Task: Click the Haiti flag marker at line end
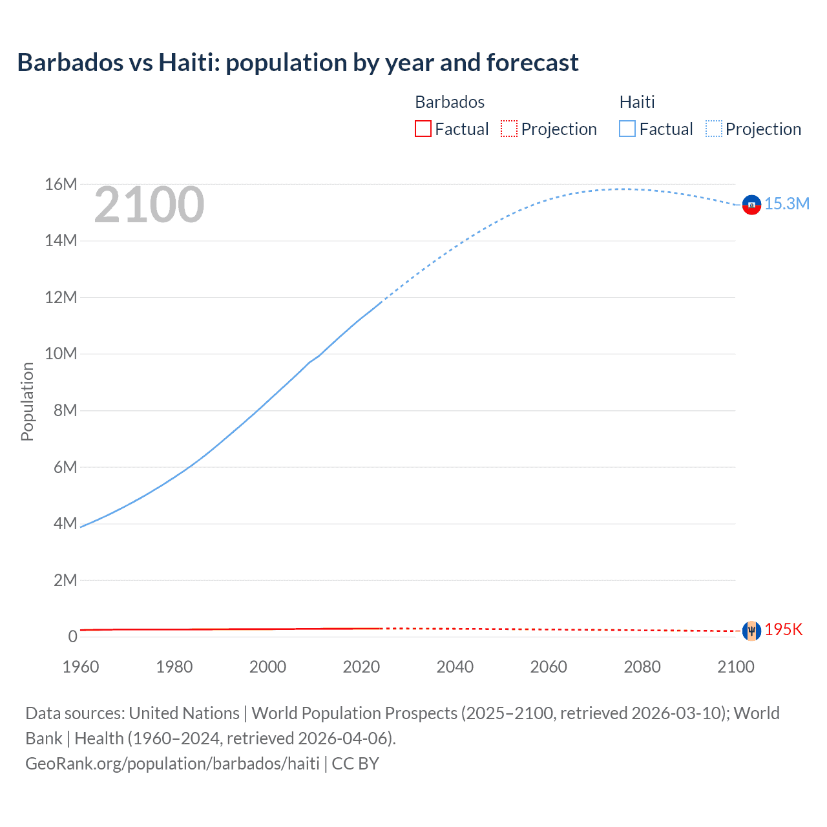pos(751,205)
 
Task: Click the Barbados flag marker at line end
pos(751,631)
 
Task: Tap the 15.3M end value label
pos(787,204)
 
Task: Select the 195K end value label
pos(783,630)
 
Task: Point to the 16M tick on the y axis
pos(61,185)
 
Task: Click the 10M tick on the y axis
pos(61,354)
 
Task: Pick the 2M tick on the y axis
pos(65,580)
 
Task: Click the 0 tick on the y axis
pos(72,636)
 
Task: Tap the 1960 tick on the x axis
pos(81,667)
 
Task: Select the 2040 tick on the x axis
pos(455,667)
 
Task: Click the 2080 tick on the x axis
pos(642,667)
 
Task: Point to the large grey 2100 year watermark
pos(149,205)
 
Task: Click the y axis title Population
pos(27,402)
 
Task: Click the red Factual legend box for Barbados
pos(423,129)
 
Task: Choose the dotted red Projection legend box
pos(509,129)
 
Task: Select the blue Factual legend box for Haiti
pos(627,129)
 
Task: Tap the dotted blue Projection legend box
pos(714,129)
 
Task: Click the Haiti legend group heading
pos(637,102)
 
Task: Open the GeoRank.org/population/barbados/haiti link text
pos(173,764)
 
